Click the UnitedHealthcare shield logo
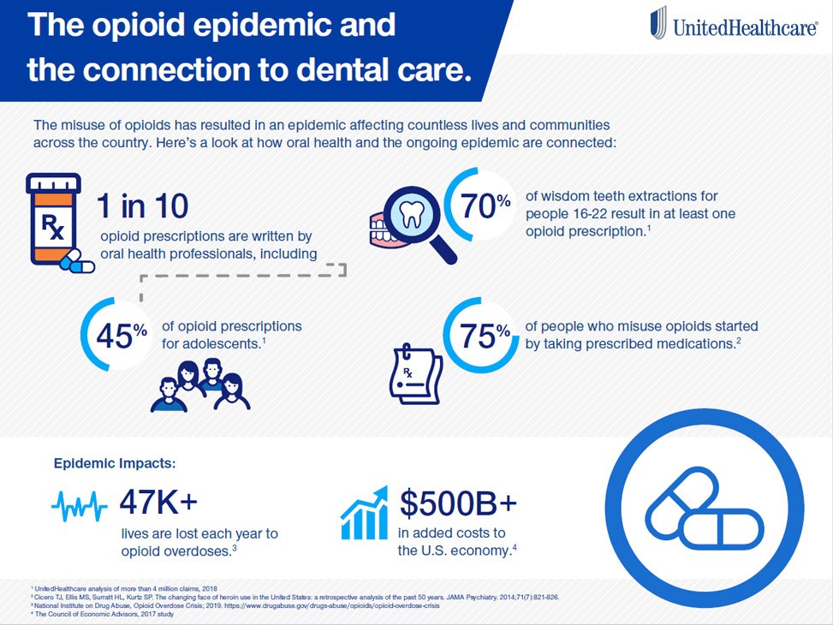tap(657, 23)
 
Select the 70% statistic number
tap(485, 206)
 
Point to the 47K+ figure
tap(163, 503)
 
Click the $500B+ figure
tap(458, 503)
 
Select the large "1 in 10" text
tap(142, 206)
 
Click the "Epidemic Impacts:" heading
tap(115, 463)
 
